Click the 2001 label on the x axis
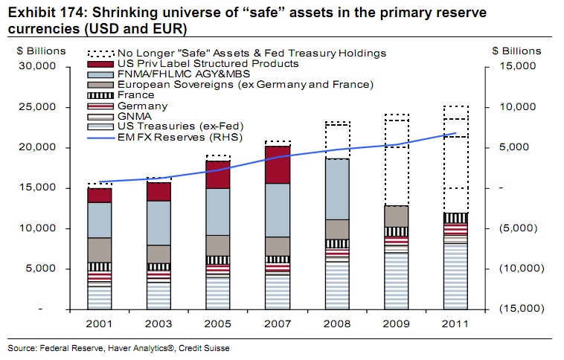99,325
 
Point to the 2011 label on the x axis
456,325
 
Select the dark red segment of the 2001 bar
99,195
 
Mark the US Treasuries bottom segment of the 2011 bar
456,276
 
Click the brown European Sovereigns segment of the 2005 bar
218,245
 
